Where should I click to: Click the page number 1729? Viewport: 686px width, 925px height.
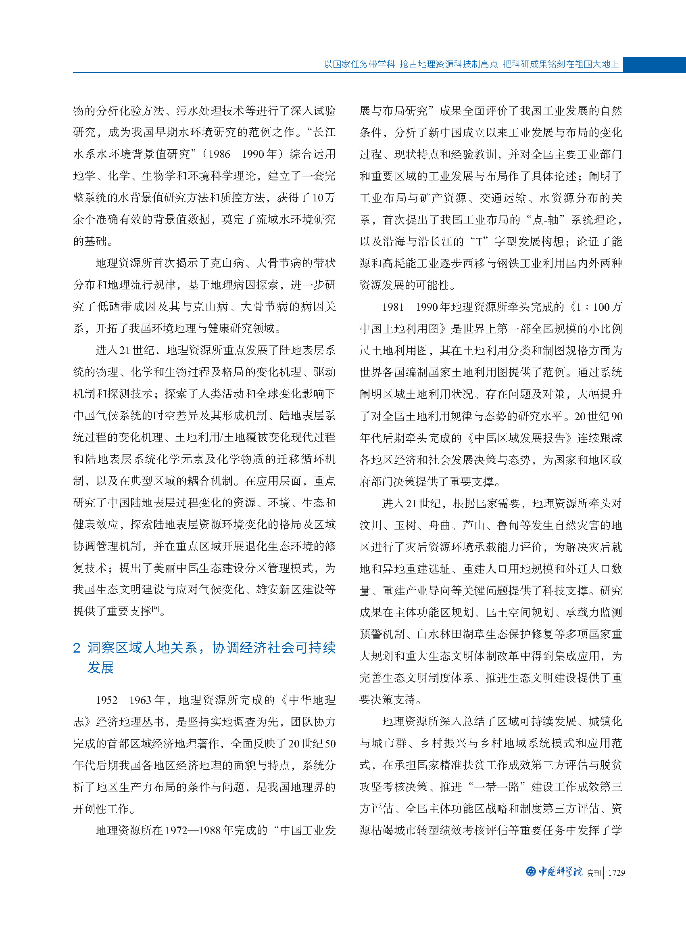click(x=616, y=873)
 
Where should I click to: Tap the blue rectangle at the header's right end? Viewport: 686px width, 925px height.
click(x=654, y=65)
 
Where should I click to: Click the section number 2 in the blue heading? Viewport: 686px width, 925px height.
click(x=76, y=648)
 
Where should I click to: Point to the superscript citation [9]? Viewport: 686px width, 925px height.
click(x=155, y=608)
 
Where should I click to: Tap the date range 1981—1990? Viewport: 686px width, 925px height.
click(x=409, y=307)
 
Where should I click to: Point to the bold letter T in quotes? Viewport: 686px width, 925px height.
click(x=479, y=242)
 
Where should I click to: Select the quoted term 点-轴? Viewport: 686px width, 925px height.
click(x=545, y=220)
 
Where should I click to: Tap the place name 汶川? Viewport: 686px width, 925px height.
click(x=370, y=525)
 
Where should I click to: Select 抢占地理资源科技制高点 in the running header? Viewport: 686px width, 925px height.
click(x=448, y=64)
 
